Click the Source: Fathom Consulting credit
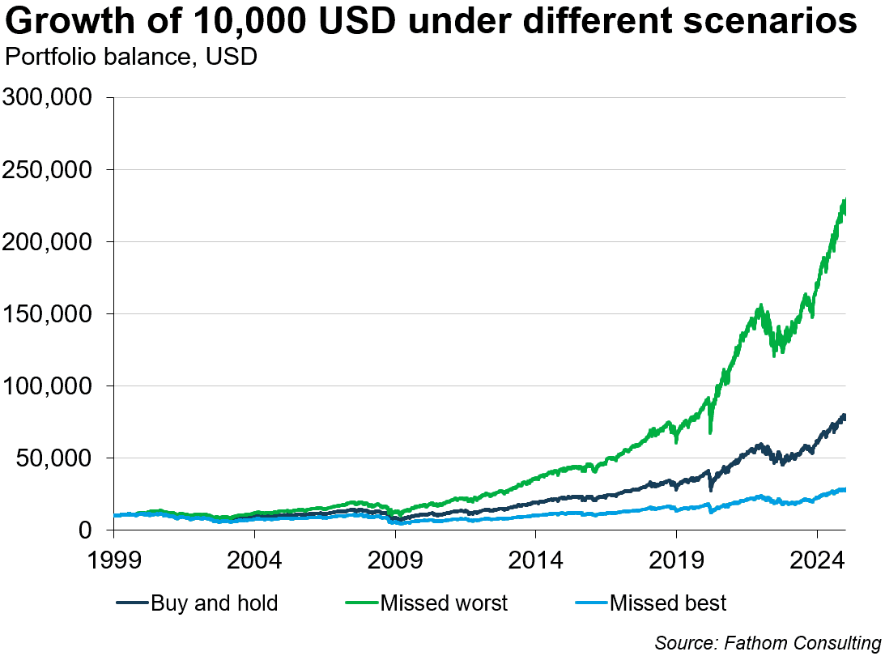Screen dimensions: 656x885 [768, 642]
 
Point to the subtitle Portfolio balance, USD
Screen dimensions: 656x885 [131, 58]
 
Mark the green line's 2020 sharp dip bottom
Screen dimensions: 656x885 [710, 432]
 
